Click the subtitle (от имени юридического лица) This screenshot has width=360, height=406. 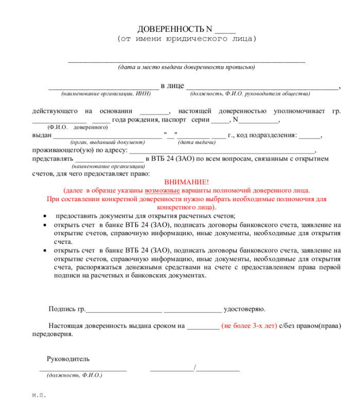click(187, 39)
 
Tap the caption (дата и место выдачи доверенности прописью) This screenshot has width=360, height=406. click(186, 67)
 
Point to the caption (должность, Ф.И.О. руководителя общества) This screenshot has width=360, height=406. click(250, 94)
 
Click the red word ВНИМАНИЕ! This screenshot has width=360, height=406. click(187, 182)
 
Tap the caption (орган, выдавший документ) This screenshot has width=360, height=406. click(107, 142)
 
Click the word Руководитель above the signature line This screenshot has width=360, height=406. click(68, 358)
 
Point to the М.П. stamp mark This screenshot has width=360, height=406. click(39, 396)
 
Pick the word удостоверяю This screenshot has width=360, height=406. click(245, 309)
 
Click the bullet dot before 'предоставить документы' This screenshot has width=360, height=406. click(45, 216)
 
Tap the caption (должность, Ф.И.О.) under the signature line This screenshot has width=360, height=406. click(74, 375)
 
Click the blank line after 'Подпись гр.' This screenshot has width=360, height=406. click(124, 310)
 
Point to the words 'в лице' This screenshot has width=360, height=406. click(172, 85)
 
